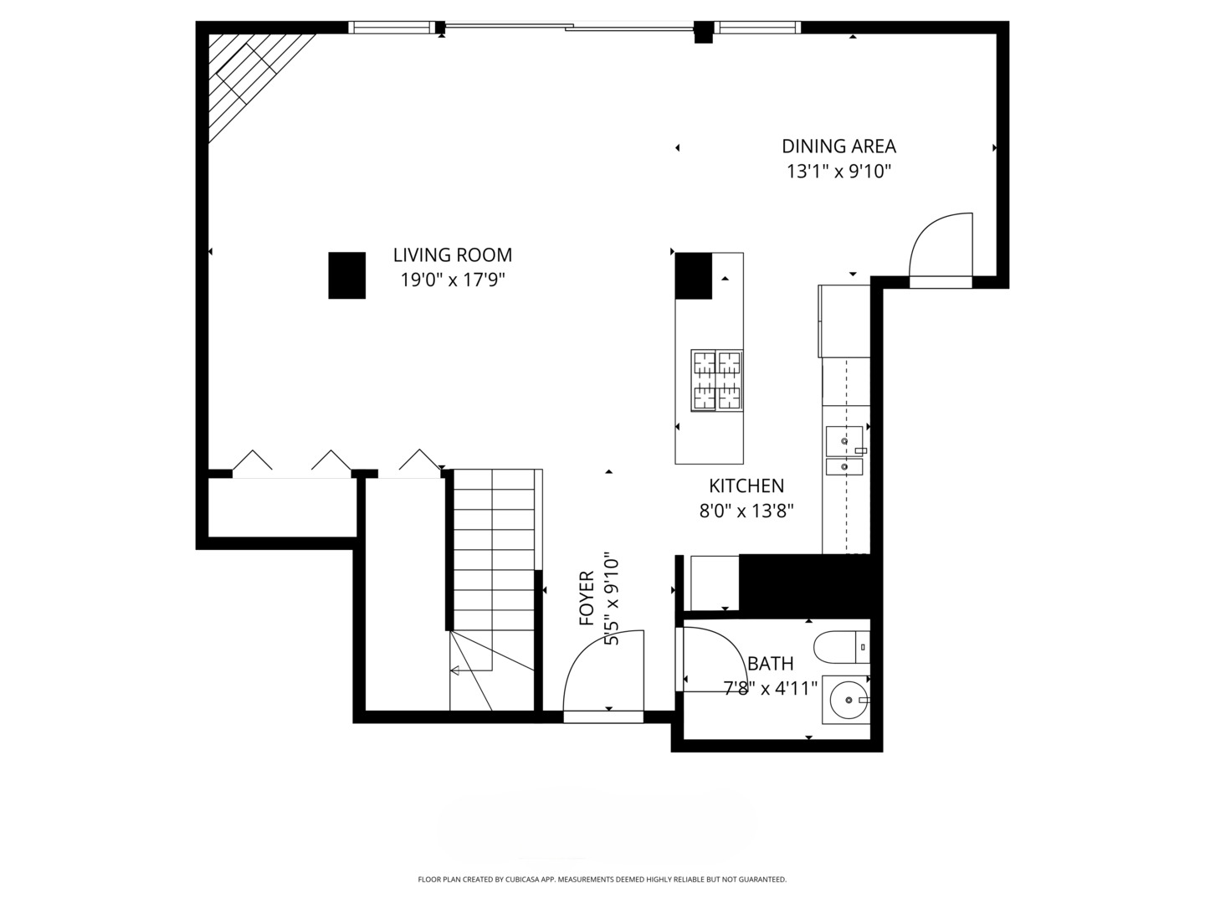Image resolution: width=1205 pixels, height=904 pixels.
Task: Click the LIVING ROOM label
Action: click(453, 255)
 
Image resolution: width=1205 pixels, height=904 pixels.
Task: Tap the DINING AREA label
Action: click(838, 146)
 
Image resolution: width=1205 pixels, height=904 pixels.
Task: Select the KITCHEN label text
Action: click(746, 485)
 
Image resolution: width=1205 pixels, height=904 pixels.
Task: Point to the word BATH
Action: click(770, 664)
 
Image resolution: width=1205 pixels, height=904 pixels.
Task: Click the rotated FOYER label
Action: click(587, 598)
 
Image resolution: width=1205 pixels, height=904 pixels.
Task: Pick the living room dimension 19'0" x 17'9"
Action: click(453, 280)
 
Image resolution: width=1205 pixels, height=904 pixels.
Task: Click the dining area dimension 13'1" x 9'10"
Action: click(838, 172)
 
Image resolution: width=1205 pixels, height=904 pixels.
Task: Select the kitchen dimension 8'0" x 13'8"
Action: click(746, 511)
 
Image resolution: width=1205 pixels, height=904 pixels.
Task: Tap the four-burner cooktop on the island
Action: click(717, 380)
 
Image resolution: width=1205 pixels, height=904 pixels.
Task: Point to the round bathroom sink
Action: click(849, 700)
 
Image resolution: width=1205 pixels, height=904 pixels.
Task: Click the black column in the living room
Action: click(347, 275)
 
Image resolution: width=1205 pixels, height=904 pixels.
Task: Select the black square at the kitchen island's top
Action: click(694, 276)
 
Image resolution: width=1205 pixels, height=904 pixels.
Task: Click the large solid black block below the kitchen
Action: click(805, 586)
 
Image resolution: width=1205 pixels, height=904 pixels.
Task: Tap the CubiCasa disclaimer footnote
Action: click(602, 879)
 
